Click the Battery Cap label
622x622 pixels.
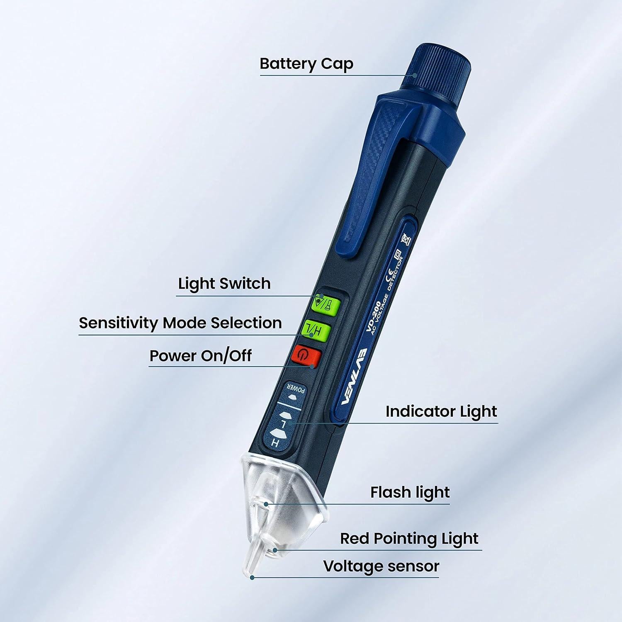click(x=306, y=64)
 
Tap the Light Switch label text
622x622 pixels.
click(x=224, y=284)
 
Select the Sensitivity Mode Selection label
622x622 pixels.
click(x=180, y=323)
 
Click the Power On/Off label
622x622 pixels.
click(x=200, y=356)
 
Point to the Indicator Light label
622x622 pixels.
click(x=441, y=411)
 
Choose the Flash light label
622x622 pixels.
click(x=410, y=492)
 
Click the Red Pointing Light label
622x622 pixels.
click(x=409, y=539)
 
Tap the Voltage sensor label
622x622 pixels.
click(x=381, y=566)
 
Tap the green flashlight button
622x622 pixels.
click(x=326, y=305)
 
